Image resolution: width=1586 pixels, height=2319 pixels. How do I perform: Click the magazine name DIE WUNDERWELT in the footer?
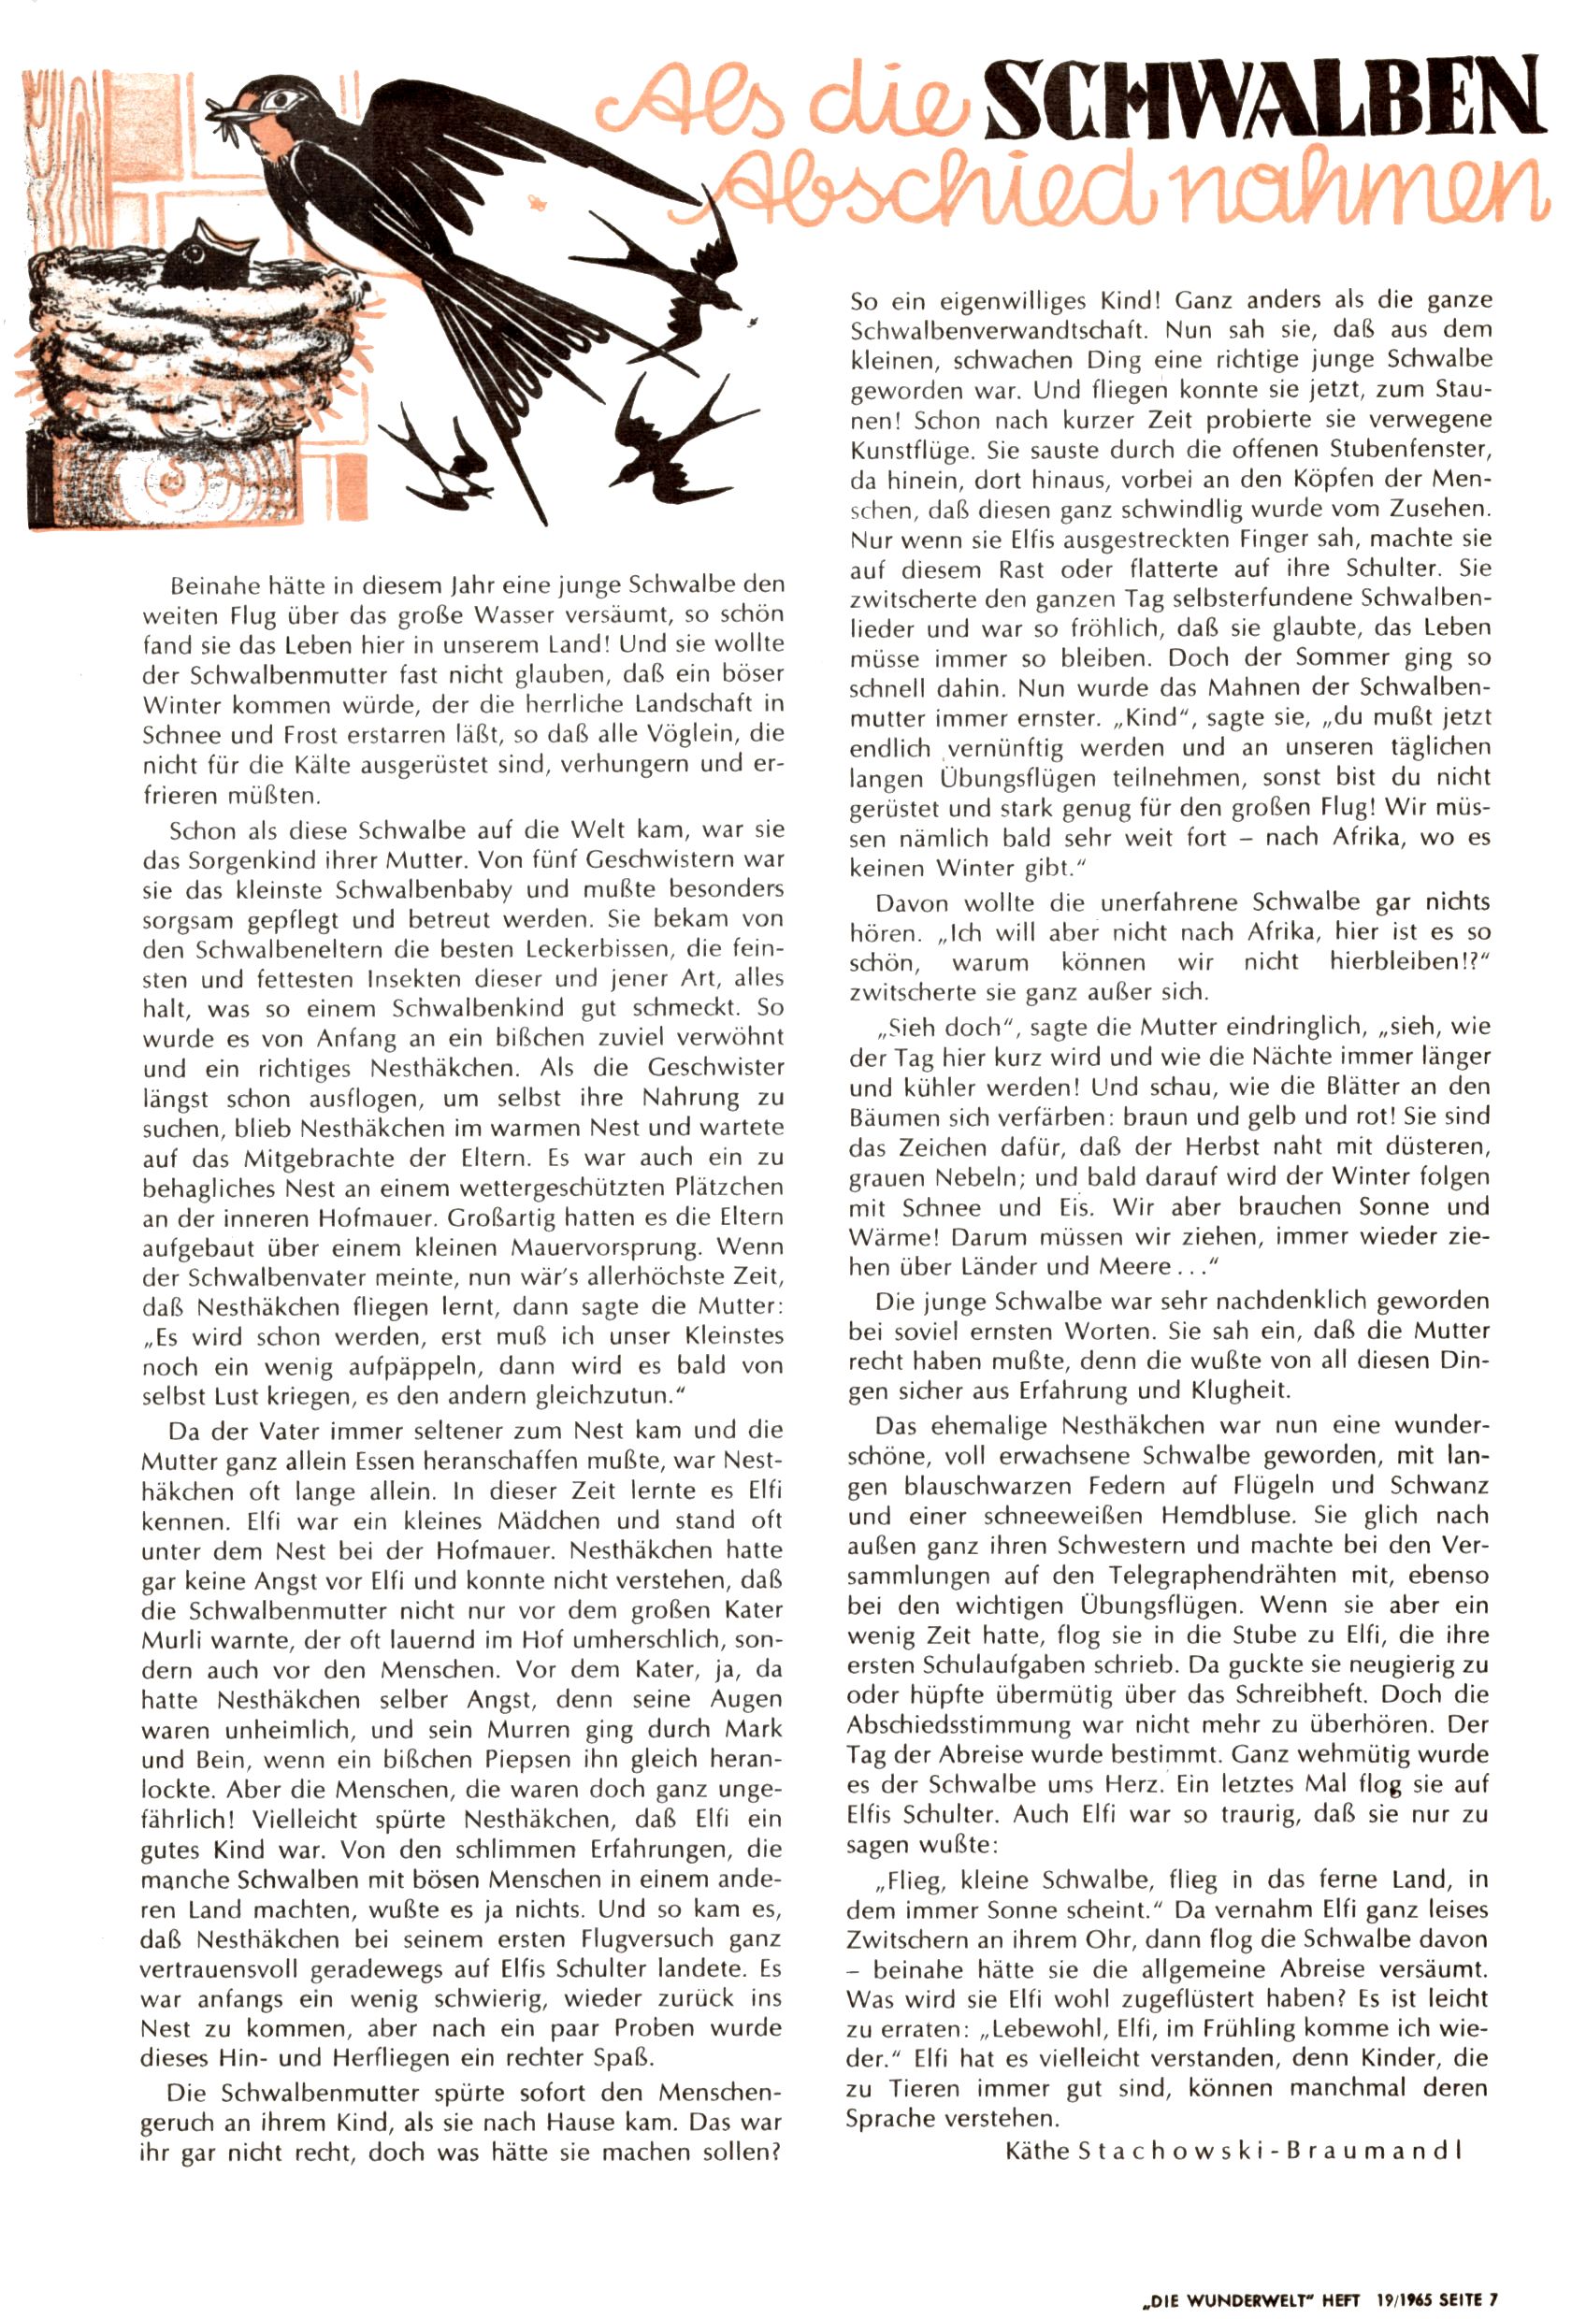(1229, 2297)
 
